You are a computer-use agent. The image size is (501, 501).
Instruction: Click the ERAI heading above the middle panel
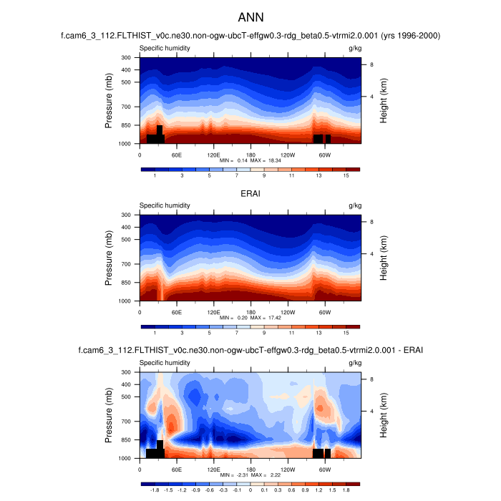click(x=250, y=193)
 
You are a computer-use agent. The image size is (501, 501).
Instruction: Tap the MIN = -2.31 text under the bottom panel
click(x=233, y=475)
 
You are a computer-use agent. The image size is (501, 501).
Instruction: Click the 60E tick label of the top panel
click(x=176, y=155)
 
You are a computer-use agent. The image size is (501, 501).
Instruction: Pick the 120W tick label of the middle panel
click(x=287, y=312)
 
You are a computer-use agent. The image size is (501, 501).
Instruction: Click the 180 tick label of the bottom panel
click(x=250, y=469)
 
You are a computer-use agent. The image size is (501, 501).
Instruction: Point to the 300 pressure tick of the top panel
click(x=126, y=57)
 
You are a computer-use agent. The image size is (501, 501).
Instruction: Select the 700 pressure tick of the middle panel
click(x=126, y=265)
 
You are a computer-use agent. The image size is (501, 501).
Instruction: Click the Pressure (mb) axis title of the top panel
click(x=109, y=100)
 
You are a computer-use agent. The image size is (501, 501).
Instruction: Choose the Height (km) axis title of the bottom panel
click(x=384, y=415)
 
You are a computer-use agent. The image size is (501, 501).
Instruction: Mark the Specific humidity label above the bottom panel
click(x=165, y=363)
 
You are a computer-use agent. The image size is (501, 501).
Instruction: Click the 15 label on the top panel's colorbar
click(x=346, y=175)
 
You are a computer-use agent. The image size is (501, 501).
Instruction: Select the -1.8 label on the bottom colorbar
click(x=155, y=490)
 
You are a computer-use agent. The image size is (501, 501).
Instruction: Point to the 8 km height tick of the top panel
click(x=371, y=64)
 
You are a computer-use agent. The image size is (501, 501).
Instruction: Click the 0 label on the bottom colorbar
click(x=250, y=490)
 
